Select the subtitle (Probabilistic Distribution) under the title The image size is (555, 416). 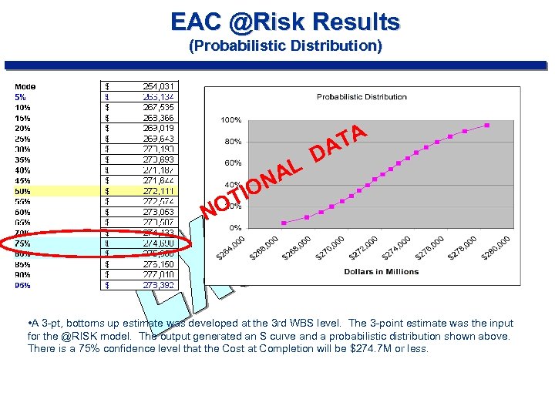pos(285,45)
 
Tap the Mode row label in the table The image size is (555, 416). pos(25,86)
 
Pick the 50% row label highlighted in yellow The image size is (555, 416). pos(22,190)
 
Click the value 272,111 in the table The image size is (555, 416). pos(157,190)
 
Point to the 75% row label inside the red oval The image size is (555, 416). pos(22,243)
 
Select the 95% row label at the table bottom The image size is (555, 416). pos(22,284)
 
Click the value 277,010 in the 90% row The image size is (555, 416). pos(157,274)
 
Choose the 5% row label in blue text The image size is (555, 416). pos(20,97)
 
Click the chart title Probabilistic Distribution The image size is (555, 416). pos(362,97)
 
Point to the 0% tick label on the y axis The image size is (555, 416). pos(234,227)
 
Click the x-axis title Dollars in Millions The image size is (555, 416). pos(382,271)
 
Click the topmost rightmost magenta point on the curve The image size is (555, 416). pos(487,125)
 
